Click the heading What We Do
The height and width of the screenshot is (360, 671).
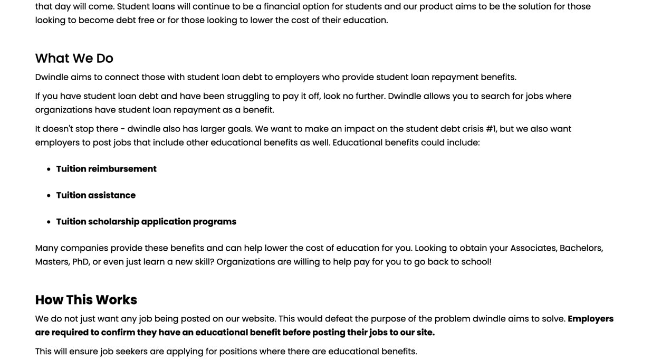click(x=74, y=58)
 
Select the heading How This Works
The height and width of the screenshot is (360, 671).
click(x=86, y=300)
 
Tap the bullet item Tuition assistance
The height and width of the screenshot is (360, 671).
click(x=95, y=195)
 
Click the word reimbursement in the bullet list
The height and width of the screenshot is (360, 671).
click(x=122, y=169)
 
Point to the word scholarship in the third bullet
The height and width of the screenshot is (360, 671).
click(x=114, y=222)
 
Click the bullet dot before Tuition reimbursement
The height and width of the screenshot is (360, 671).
click(x=49, y=169)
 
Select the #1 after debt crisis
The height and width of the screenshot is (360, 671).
click(x=491, y=129)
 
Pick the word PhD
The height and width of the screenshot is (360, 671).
click(x=81, y=262)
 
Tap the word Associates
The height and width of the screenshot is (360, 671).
click(x=533, y=248)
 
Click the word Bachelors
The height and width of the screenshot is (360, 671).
click(x=581, y=248)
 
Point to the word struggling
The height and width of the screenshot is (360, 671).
click(x=248, y=96)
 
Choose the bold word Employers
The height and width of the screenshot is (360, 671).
click(x=590, y=319)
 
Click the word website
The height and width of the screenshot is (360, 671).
click(x=258, y=319)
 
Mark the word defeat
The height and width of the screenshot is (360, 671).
click(x=339, y=319)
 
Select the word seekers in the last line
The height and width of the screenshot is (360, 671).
click(x=131, y=352)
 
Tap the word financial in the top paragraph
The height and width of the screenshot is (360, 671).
click(x=282, y=6)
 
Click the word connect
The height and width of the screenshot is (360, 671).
click(x=121, y=77)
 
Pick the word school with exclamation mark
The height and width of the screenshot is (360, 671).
click(x=476, y=262)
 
